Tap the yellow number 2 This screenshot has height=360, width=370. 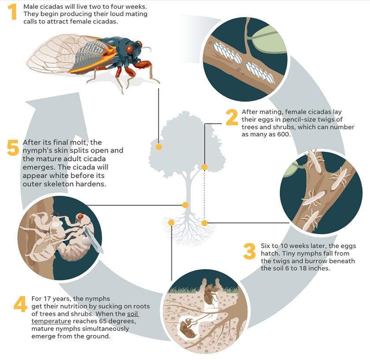coord(232,118)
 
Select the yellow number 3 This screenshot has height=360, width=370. coord(249,252)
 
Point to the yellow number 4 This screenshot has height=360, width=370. coord(20,304)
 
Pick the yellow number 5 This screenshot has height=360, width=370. coord(13,148)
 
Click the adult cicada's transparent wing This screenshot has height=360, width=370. coord(53,55)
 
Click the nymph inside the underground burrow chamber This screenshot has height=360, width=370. coord(188,328)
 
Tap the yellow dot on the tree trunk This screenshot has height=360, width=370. coord(185,205)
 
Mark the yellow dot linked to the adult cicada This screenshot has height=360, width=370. coord(159,147)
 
